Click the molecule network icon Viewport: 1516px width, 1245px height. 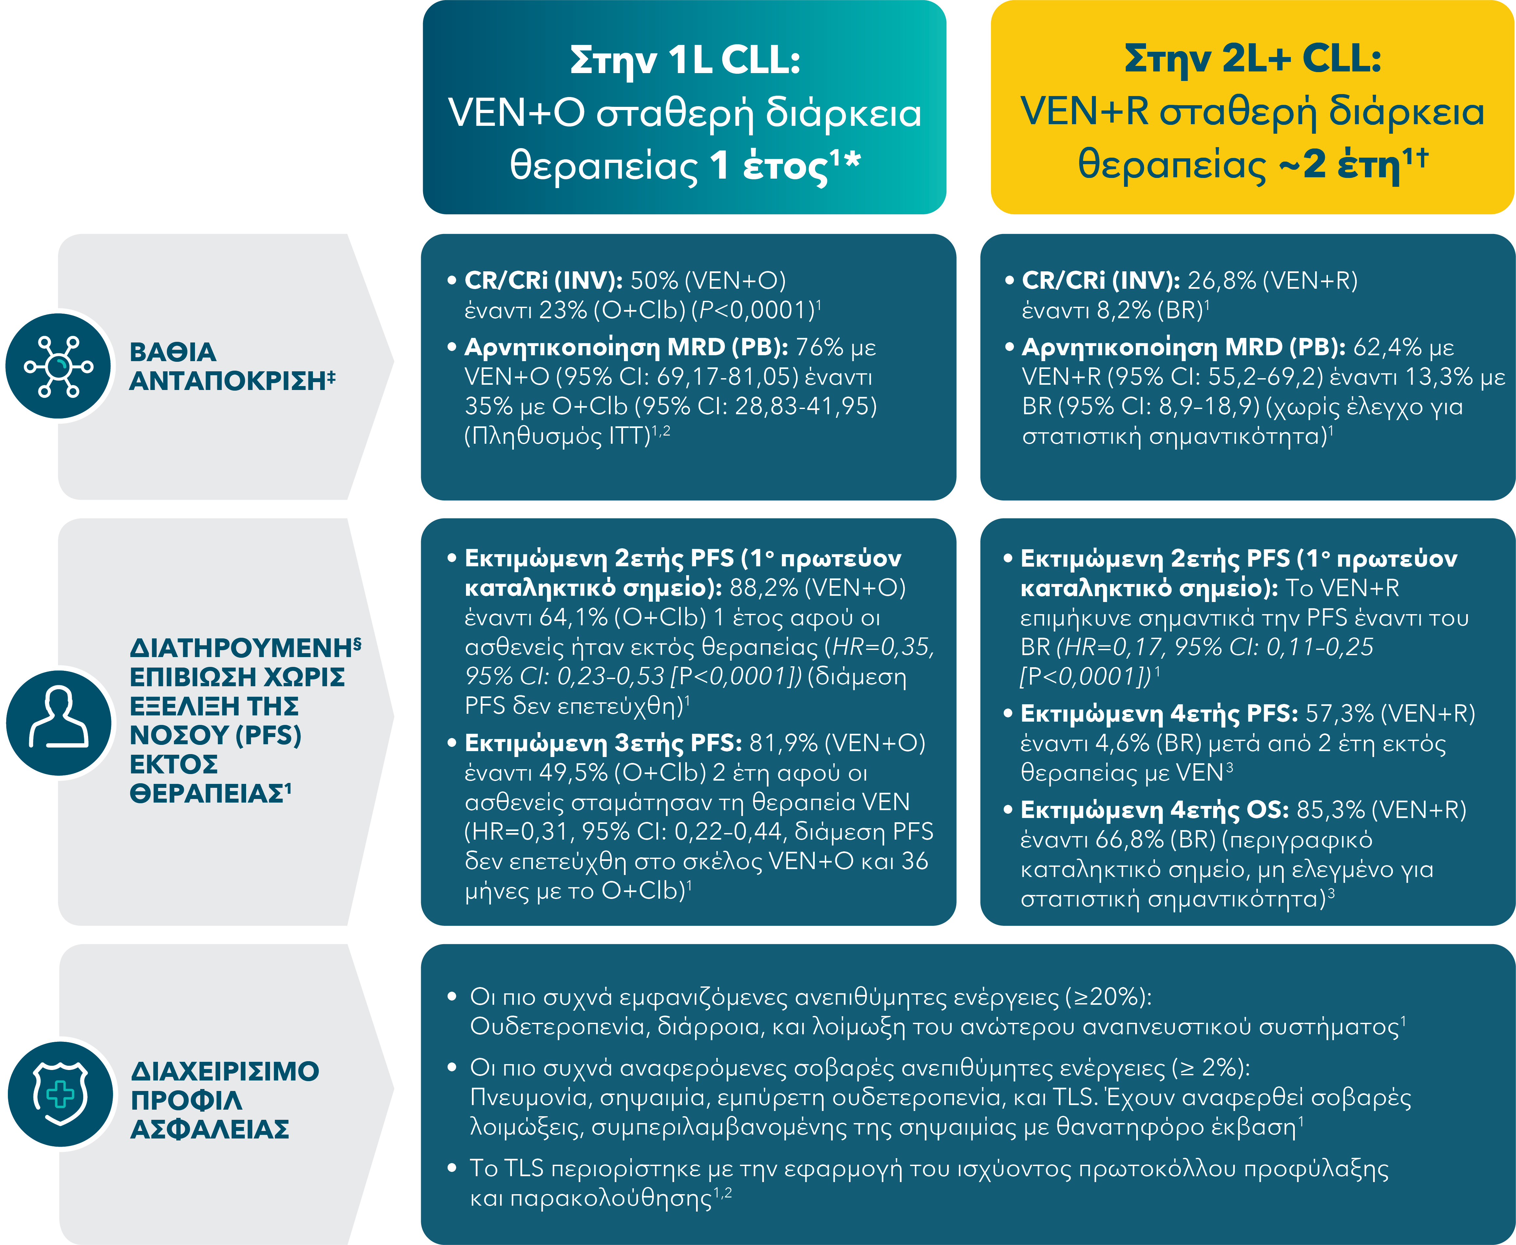pyautogui.click(x=59, y=366)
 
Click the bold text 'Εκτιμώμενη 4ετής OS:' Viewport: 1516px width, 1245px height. pyautogui.click(x=1155, y=810)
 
